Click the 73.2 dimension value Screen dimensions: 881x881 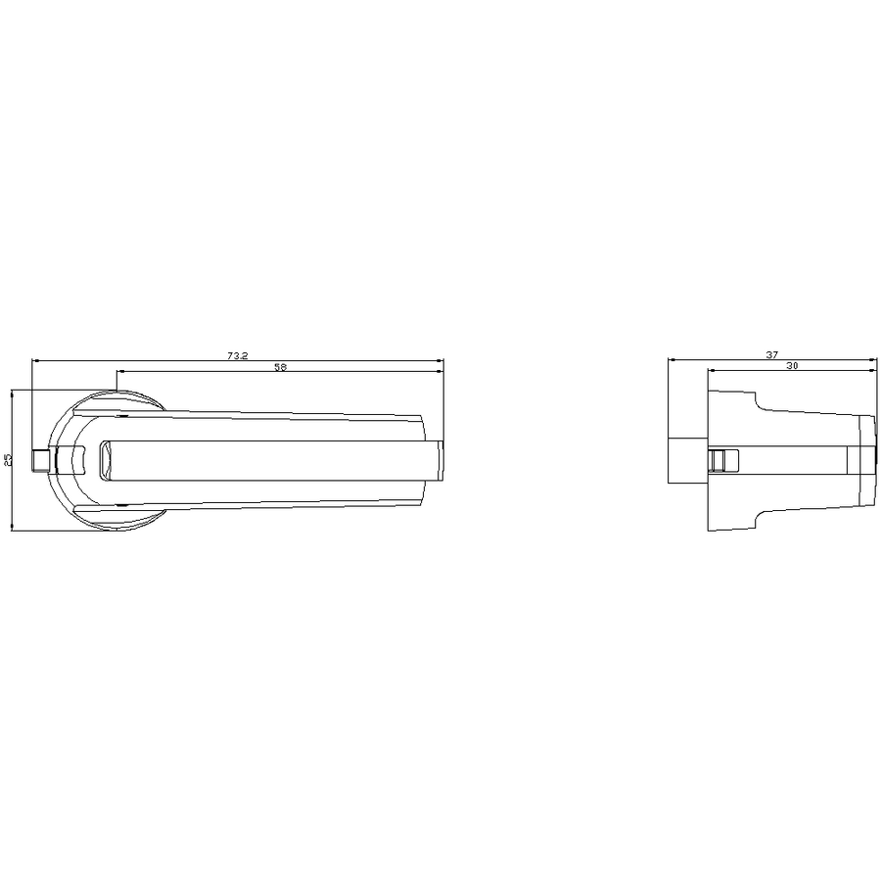tap(237, 355)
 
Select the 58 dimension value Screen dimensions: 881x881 tap(280, 367)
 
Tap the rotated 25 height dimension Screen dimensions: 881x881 tap(7, 460)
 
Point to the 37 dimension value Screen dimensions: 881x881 tap(772, 354)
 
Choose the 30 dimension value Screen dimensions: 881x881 tap(792, 366)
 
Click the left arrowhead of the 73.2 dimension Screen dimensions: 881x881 tap(35, 360)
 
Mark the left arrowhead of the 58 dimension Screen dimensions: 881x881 tap(119, 371)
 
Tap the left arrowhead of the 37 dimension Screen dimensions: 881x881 tap(671, 359)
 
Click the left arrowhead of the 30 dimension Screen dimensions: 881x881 tap(711, 370)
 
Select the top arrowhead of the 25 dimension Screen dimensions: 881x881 tap(12, 393)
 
